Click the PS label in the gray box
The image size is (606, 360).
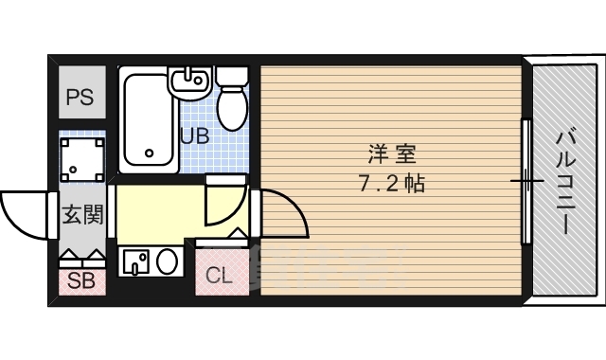(x=80, y=97)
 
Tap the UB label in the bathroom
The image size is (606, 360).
(x=196, y=135)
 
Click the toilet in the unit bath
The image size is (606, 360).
(x=232, y=99)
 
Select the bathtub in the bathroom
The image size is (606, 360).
(x=148, y=120)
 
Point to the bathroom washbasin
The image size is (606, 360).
(x=189, y=82)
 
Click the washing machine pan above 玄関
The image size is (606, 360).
(x=82, y=159)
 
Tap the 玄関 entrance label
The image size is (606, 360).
(x=83, y=215)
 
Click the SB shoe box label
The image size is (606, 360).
(x=81, y=280)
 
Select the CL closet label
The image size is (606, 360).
(x=219, y=276)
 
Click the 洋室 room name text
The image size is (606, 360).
(x=391, y=153)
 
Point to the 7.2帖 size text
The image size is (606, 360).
(x=391, y=183)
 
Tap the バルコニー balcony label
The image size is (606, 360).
(x=566, y=183)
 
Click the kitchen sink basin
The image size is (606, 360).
(x=135, y=261)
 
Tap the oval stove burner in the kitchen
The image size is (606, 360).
(x=167, y=261)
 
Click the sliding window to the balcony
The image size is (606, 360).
(x=526, y=181)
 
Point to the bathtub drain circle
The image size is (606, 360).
(x=150, y=153)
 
